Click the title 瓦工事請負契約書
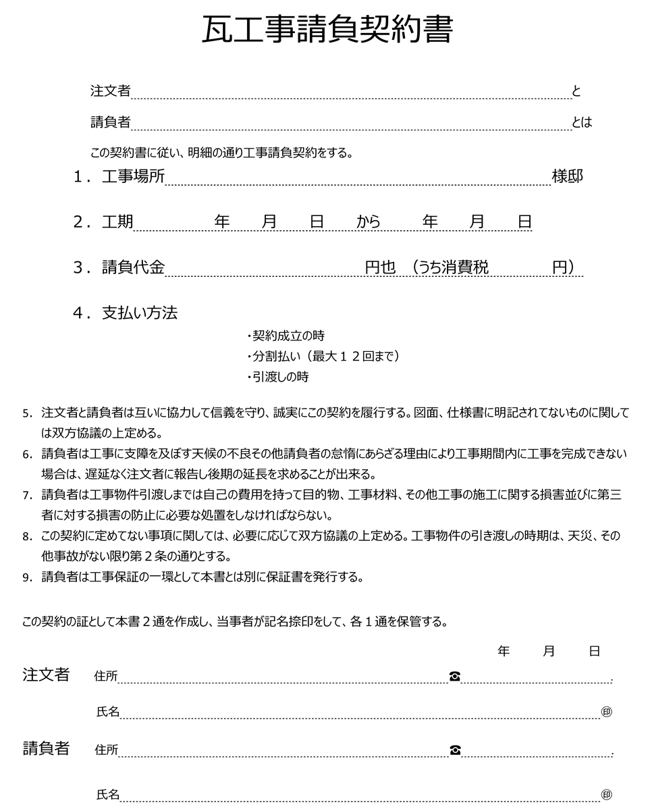(x=327, y=30)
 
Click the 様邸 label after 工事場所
(x=567, y=177)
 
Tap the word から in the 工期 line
(x=369, y=222)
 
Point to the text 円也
(x=380, y=267)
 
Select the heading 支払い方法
(x=140, y=313)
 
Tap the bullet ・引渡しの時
(x=277, y=377)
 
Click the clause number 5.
(x=27, y=413)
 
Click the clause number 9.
(x=27, y=577)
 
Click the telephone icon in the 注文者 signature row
(x=454, y=676)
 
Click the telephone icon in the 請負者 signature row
(x=454, y=750)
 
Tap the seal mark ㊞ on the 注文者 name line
(x=606, y=712)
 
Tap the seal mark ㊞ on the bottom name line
(x=606, y=795)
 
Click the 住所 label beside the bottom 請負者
(x=107, y=750)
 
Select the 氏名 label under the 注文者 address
(x=108, y=711)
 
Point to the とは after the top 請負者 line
(x=582, y=122)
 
